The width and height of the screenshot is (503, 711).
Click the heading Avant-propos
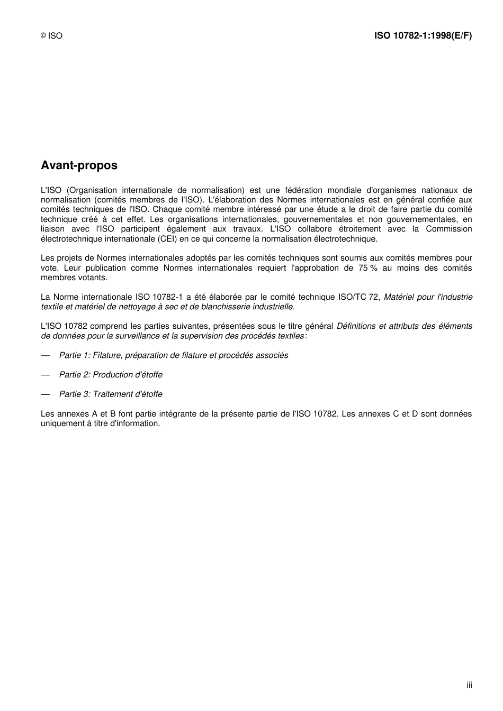click(x=79, y=165)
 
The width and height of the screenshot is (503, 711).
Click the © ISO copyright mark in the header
click(x=51, y=36)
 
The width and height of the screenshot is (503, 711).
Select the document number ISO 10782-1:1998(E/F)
click(x=423, y=36)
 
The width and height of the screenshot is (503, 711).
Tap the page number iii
click(x=469, y=685)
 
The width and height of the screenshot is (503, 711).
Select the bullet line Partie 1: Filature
click(x=173, y=355)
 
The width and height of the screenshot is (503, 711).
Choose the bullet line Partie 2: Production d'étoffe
click(x=111, y=375)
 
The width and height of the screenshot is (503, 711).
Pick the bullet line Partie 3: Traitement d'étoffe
click(x=111, y=394)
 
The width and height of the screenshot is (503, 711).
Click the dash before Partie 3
click(x=46, y=394)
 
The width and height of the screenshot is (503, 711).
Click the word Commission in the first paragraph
click(x=448, y=229)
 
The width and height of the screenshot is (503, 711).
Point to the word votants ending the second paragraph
click(x=93, y=278)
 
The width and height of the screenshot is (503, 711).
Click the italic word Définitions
click(x=357, y=326)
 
